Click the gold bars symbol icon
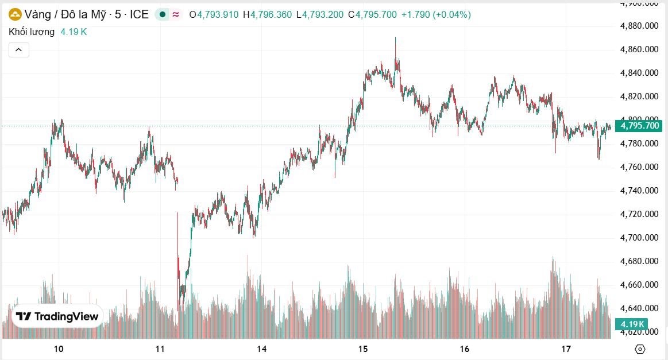[x=16, y=14]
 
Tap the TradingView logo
[x=57, y=316]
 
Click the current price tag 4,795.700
[x=638, y=126]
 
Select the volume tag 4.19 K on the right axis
[x=631, y=324]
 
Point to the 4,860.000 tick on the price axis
[x=639, y=49]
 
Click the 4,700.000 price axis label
[x=639, y=238]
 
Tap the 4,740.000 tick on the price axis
[x=639, y=191]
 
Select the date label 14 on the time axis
[x=262, y=349]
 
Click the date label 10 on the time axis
[x=58, y=349]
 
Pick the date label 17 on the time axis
[x=566, y=349]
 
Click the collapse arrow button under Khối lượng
[x=19, y=50]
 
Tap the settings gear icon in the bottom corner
[x=640, y=349]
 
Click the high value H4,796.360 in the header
[x=267, y=14]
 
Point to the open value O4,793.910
[x=214, y=14]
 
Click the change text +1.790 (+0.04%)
[x=436, y=14]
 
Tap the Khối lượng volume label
[x=32, y=32]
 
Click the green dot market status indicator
[x=163, y=14]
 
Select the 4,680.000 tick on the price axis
[x=639, y=261]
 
